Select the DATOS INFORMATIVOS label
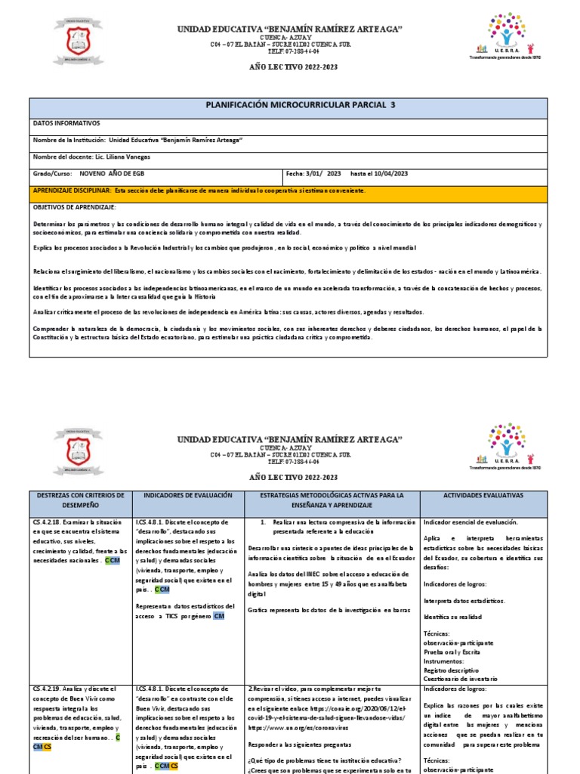point(66,123)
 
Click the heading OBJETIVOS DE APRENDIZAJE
point(74,206)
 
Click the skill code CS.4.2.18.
point(47,522)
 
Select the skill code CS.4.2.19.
point(47,689)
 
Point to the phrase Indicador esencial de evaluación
point(470,522)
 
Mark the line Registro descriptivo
point(451,670)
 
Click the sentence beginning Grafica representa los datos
point(329,608)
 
